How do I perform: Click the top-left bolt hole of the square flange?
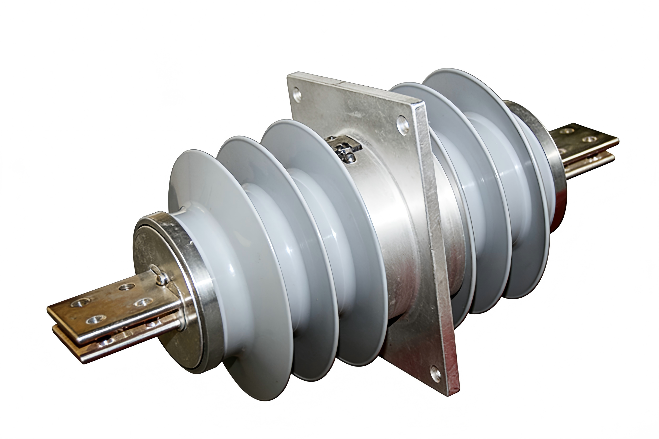(297, 95)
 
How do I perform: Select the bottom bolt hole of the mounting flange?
(435, 374)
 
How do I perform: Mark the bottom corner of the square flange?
(451, 392)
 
